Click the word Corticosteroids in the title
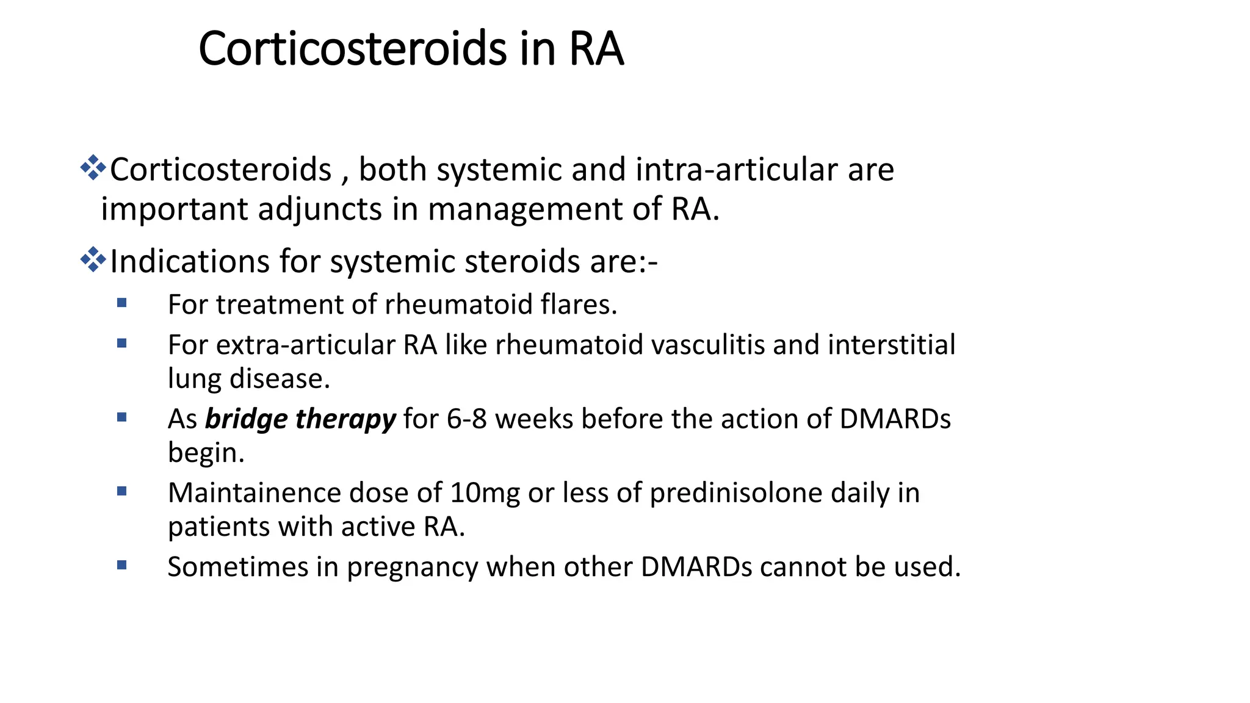[x=352, y=49]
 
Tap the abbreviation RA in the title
[x=596, y=49]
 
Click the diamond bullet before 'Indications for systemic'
[x=93, y=259]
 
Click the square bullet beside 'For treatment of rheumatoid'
[x=121, y=303]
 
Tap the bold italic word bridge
[x=246, y=419]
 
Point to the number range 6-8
[x=466, y=419]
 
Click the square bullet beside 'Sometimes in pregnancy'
[x=121, y=565]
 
